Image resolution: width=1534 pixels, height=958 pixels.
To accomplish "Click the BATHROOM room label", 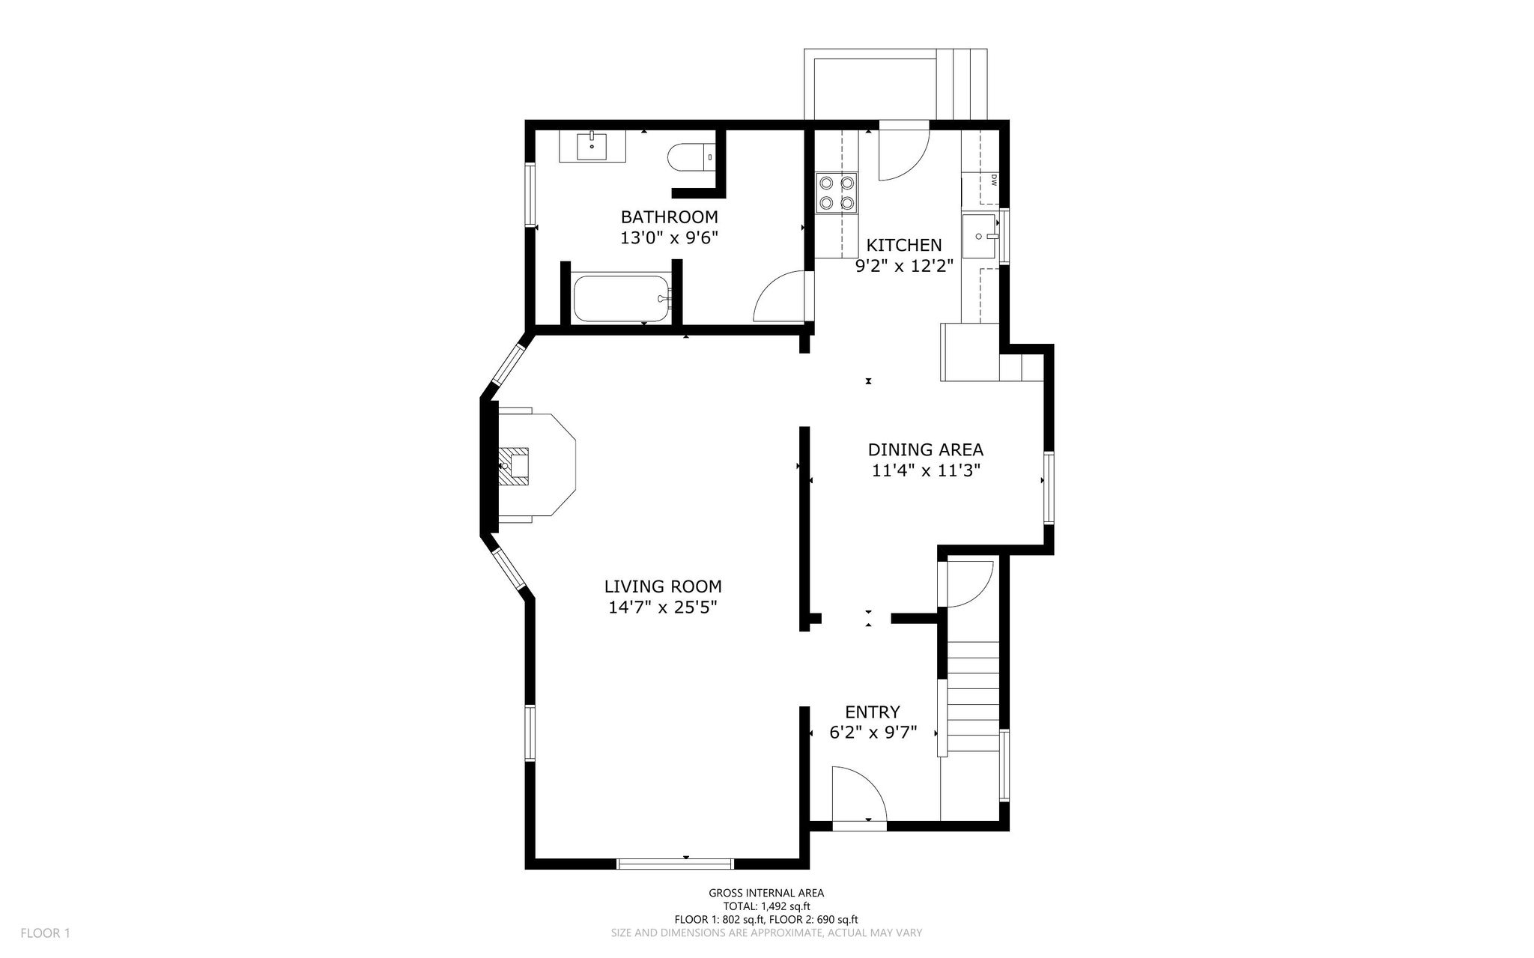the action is click(x=669, y=217).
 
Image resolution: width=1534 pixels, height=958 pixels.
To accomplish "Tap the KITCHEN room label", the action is click(x=904, y=245).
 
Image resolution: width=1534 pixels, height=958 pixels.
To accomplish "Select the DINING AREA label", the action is click(x=925, y=449).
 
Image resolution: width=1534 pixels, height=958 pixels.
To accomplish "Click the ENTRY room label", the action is click(x=873, y=712).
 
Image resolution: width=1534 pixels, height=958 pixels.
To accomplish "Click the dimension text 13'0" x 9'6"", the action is click(x=669, y=238).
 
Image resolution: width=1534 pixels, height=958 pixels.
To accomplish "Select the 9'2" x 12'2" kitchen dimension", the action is click(x=904, y=266).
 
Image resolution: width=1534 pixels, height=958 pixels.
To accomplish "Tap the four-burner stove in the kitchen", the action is click(x=837, y=192).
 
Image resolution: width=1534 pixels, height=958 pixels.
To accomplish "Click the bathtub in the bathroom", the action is click(x=621, y=300).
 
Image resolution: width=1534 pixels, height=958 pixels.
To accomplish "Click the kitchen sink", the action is click(x=980, y=236).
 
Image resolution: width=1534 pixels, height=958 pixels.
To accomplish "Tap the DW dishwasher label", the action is click(x=993, y=180).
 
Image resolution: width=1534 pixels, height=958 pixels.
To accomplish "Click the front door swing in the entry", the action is click(x=859, y=798).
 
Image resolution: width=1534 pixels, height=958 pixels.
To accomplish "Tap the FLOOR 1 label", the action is click(x=45, y=933).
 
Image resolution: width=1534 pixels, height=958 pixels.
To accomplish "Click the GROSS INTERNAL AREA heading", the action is click(x=766, y=893).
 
